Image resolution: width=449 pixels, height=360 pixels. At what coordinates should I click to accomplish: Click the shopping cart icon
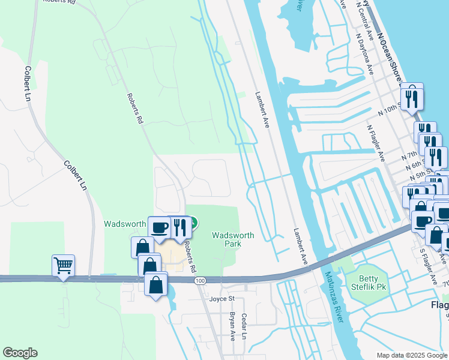(63, 264)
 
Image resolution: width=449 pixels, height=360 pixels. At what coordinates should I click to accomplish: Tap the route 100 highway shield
(199, 280)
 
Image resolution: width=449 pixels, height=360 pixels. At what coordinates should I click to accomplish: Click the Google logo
(20, 353)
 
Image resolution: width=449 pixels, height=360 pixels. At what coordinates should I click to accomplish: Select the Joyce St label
(221, 298)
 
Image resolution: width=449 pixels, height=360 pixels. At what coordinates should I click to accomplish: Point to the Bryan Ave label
(232, 326)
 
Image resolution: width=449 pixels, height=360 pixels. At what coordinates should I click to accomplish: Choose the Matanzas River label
(333, 296)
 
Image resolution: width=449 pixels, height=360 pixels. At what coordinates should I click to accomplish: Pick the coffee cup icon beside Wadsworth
(159, 227)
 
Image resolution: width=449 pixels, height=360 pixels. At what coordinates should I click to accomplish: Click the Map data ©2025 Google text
(412, 355)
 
